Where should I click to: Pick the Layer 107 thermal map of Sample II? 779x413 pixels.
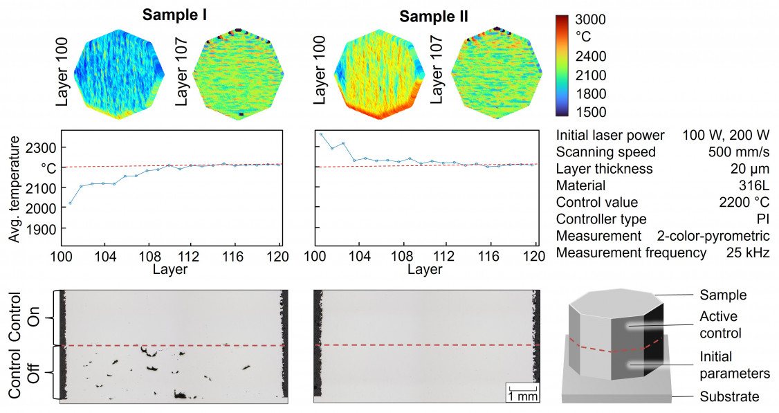pos(493,73)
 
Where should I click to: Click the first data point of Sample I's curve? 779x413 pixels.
pos(70,203)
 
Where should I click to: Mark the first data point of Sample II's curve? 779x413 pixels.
pos(321,134)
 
